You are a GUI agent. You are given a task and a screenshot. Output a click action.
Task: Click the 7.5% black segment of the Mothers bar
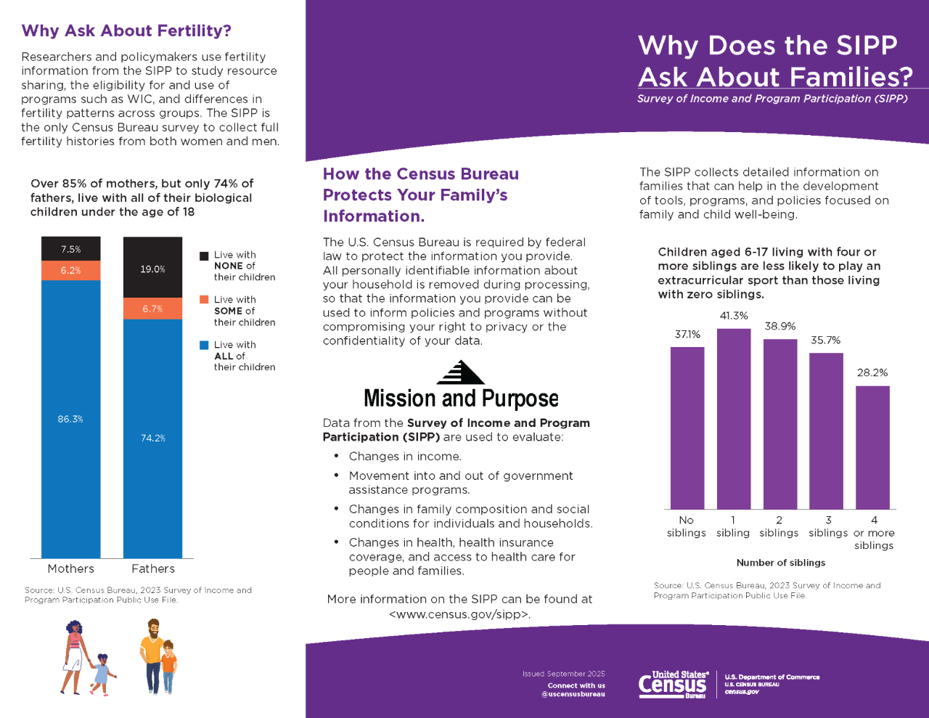pyautogui.click(x=71, y=248)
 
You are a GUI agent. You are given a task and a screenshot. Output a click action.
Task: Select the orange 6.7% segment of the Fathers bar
pyautogui.click(x=152, y=309)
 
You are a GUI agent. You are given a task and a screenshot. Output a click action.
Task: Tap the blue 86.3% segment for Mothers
pyautogui.click(x=71, y=419)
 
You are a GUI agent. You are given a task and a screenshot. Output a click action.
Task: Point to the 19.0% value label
pyautogui.click(x=152, y=269)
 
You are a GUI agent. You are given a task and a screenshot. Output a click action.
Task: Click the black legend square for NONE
pyautogui.click(x=204, y=256)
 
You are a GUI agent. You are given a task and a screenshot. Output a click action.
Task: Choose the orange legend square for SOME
pyautogui.click(x=204, y=299)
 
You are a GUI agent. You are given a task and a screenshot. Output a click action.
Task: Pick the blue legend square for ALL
pyautogui.click(x=204, y=345)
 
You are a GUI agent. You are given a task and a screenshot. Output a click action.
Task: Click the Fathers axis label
pyautogui.click(x=153, y=568)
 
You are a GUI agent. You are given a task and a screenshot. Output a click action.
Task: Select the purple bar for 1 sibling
pyautogui.click(x=734, y=419)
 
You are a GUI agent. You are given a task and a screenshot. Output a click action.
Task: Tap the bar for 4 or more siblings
pyautogui.click(x=872, y=448)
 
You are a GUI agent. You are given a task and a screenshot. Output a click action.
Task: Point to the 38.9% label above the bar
pyautogui.click(x=779, y=327)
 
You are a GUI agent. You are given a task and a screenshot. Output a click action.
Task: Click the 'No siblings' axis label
pyautogui.click(x=686, y=526)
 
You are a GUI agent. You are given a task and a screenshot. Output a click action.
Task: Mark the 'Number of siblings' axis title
pyautogui.click(x=781, y=563)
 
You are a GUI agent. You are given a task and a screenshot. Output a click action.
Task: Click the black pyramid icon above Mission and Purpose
pyautogui.click(x=460, y=372)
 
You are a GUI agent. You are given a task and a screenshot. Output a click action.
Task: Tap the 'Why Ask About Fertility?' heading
pyautogui.click(x=126, y=30)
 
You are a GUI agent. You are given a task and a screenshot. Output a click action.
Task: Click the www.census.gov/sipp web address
pyautogui.click(x=460, y=614)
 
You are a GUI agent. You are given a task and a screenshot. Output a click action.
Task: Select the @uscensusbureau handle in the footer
pyautogui.click(x=573, y=694)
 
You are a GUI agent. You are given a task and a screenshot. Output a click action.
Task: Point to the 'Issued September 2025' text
pyautogui.click(x=563, y=674)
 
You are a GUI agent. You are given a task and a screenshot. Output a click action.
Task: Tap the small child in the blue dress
pyautogui.click(x=101, y=674)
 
